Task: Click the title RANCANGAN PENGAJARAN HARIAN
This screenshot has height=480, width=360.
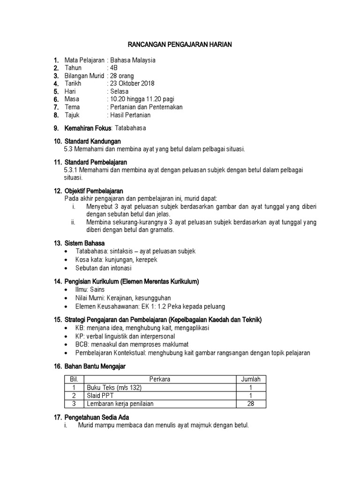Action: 180,44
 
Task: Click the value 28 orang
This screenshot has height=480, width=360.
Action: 121,75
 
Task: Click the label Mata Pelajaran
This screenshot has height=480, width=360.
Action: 84,60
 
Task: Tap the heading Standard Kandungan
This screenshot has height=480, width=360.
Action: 92,141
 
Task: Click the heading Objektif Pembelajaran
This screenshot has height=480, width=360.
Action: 93,191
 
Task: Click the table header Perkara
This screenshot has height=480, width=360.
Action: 159,379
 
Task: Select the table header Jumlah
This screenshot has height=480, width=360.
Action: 250,379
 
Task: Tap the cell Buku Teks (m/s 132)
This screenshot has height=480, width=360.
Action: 113,388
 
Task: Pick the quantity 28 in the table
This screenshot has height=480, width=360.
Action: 250,404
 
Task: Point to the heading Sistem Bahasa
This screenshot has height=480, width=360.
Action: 84,243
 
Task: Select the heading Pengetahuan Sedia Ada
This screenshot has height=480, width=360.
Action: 97,417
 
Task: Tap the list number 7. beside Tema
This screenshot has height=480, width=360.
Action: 56,107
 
